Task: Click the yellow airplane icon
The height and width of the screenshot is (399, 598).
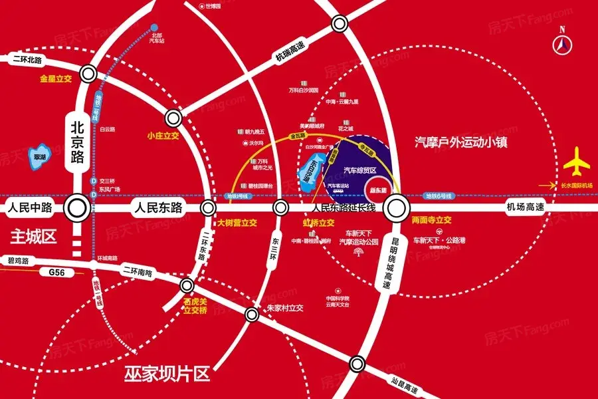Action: pyautogui.click(x=575, y=164)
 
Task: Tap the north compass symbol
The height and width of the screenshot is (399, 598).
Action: pyautogui.click(x=563, y=45)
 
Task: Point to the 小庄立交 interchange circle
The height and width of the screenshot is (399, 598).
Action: pyautogui.click(x=173, y=119)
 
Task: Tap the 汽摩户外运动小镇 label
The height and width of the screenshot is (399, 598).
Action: pyautogui.click(x=460, y=142)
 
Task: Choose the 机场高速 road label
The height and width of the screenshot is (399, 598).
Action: pyautogui.click(x=525, y=207)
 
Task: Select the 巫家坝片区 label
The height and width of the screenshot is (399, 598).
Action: pyautogui.click(x=167, y=374)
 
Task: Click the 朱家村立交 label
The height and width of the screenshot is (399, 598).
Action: pyautogui.click(x=284, y=308)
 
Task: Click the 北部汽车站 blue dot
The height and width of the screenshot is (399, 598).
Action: pyautogui.click(x=154, y=28)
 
